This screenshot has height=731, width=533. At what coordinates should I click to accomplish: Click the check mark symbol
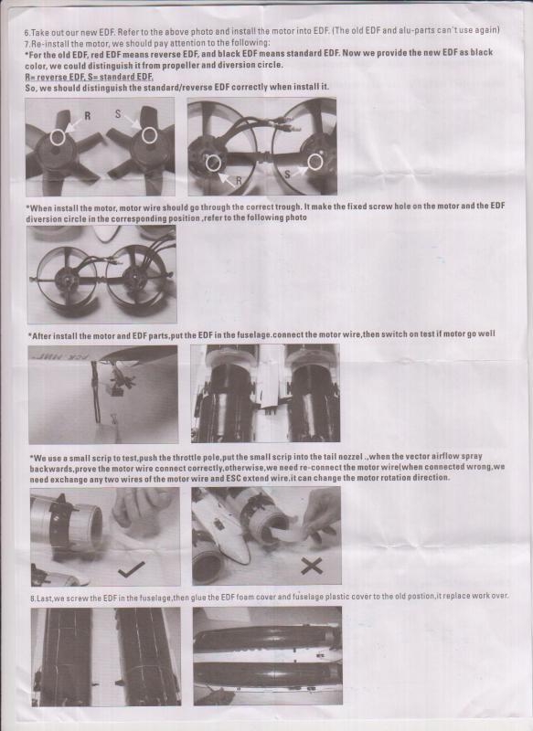131,568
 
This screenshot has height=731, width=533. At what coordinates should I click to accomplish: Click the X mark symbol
312,566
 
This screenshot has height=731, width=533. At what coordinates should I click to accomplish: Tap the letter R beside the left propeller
87,116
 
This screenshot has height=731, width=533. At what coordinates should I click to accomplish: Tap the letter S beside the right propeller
118,113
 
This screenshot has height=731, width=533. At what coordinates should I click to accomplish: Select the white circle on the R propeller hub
58,137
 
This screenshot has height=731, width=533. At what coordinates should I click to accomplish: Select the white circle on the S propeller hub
149,135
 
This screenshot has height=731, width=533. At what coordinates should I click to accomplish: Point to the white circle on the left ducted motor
213,164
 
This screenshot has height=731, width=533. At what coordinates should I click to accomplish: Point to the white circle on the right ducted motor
314,162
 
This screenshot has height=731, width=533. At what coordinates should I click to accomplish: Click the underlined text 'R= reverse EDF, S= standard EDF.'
89,77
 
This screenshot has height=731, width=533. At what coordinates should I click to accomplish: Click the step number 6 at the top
27,33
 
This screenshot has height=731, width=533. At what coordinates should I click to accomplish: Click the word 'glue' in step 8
198,598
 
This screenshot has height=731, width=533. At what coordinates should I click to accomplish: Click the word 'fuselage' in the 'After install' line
254,335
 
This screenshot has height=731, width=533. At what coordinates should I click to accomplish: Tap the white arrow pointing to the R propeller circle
73,124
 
